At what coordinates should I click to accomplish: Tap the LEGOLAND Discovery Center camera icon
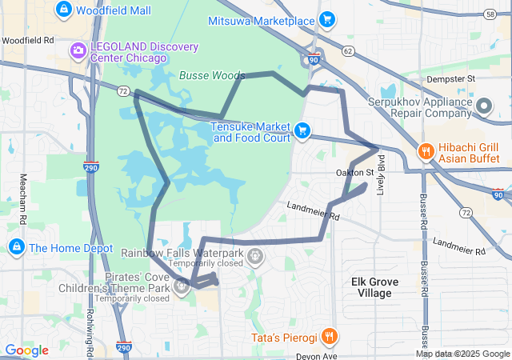78,51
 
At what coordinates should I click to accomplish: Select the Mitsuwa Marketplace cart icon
326,19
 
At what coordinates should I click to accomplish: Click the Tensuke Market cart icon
302,130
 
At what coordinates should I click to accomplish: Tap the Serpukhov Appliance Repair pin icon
484,106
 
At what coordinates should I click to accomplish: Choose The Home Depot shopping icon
16,247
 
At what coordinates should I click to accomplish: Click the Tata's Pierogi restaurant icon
329,336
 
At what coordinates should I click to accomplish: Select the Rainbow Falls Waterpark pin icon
255,256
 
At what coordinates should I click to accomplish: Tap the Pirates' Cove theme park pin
182,286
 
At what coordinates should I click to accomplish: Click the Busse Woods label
211,75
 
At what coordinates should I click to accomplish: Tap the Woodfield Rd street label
27,39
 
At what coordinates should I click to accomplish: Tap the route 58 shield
490,14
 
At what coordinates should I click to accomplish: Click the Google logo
26,350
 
